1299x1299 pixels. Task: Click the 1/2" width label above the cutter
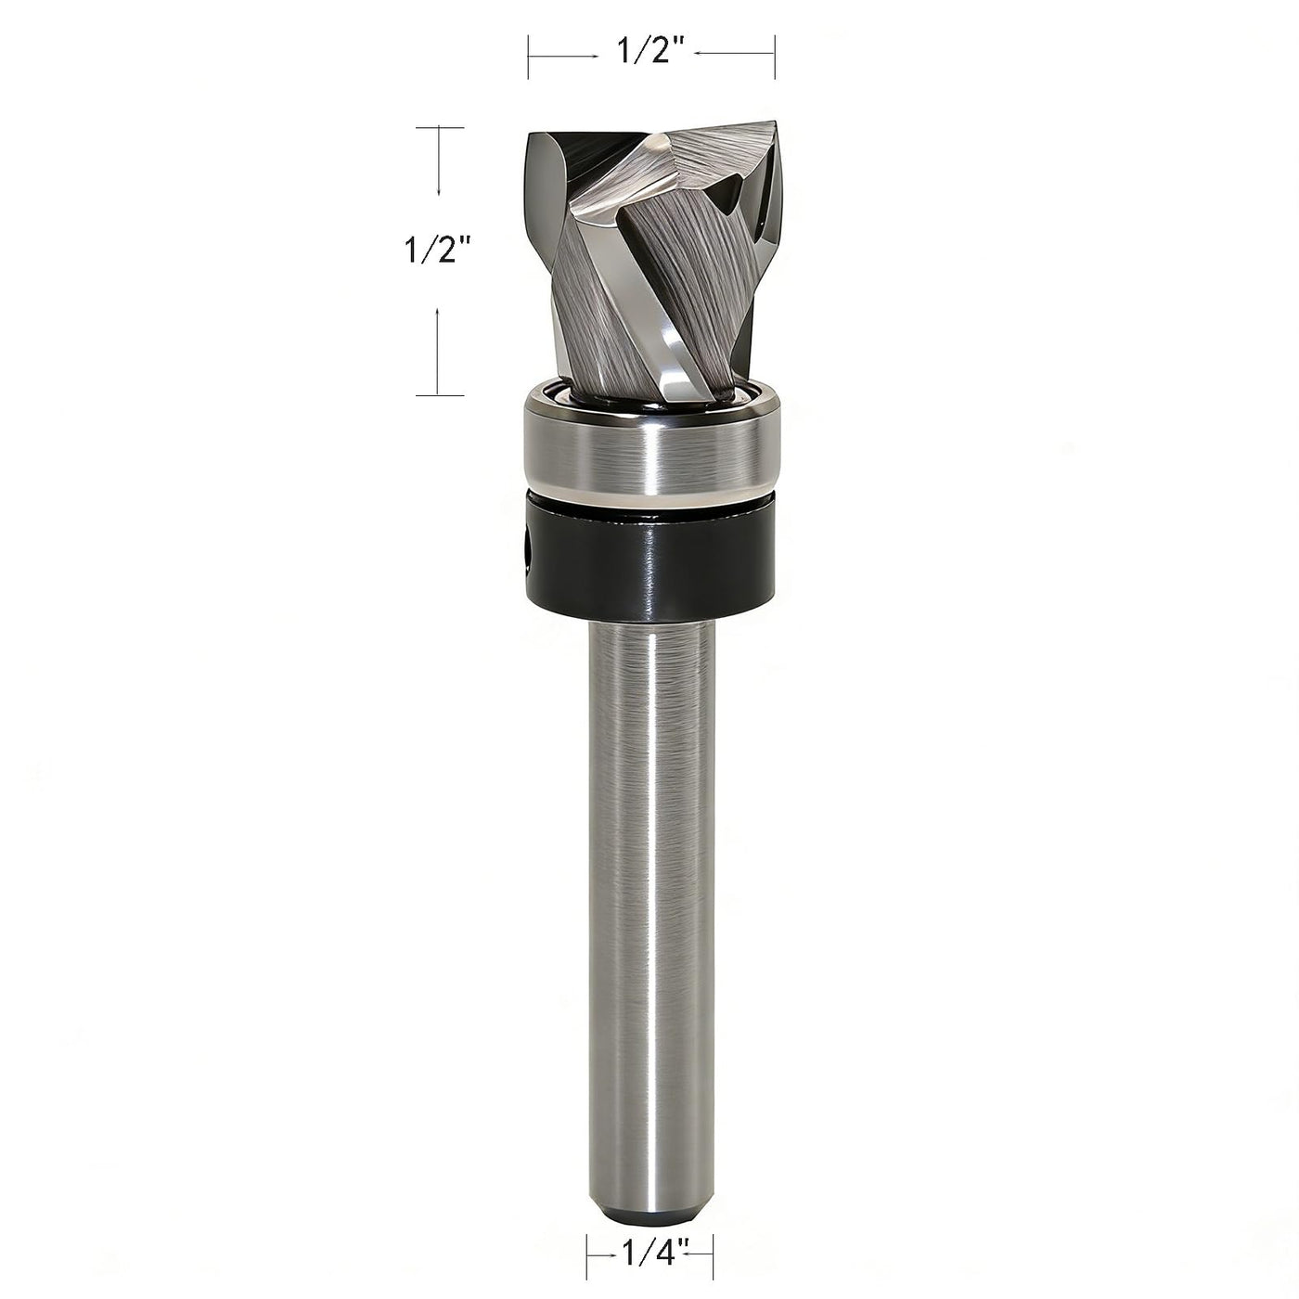pos(651,51)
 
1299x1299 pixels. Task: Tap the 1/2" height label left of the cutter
pos(435,251)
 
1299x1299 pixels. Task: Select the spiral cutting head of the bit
pos(651,263)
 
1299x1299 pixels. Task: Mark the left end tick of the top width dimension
pos(529,56)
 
